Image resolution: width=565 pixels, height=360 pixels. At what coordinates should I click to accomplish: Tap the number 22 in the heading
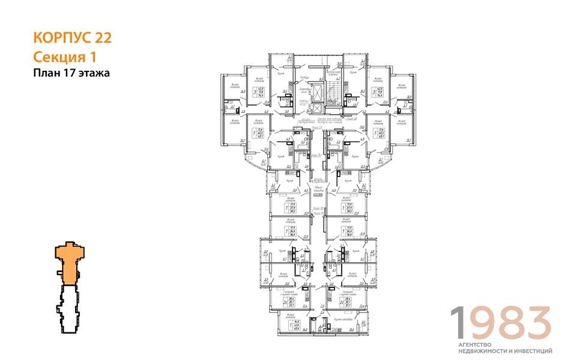(103, 38)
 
